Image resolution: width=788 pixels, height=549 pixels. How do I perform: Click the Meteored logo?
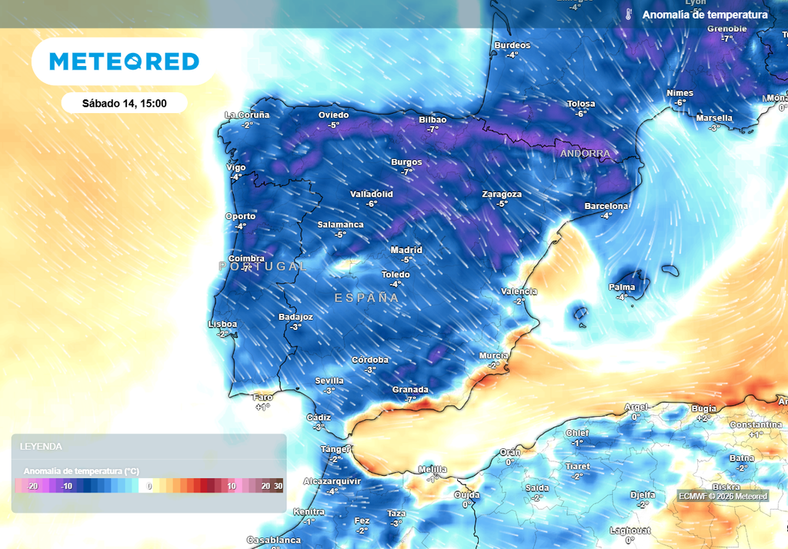click(124, 62)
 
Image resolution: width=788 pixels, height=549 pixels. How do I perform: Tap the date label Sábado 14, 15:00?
click(124, 103)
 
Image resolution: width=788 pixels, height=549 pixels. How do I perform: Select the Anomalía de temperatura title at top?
click(704, 15)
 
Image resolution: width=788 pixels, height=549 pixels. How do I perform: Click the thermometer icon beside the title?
click(628, 15)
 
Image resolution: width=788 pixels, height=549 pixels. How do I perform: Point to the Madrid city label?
click(406, 250)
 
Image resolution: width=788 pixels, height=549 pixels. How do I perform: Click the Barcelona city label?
click(606, 206)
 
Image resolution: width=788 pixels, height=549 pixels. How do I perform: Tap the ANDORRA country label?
click(585, 154)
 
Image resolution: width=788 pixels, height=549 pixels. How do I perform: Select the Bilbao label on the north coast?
click(432, 120)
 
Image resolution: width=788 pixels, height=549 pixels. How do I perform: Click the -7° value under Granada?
click(410, 399)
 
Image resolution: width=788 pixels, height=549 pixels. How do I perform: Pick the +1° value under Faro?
click(262, 407)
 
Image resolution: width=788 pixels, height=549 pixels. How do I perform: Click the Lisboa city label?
click(223, 324)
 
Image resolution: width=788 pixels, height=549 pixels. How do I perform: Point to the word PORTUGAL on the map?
click(262, 266)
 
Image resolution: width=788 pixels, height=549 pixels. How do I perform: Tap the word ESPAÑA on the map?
click(366, 298)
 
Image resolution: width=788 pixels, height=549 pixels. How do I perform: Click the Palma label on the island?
click(622, 288)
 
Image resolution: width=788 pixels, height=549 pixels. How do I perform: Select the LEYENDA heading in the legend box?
click(41, 446)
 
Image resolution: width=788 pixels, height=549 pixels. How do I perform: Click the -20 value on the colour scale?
click(32, 486)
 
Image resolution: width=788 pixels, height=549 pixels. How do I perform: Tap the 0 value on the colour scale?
click(150, 486)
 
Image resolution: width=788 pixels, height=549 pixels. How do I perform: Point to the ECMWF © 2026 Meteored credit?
click(723, 496)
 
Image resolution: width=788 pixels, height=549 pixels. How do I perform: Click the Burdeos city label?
click(513, 45)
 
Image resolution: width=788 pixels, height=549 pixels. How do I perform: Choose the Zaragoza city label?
click(502, 195)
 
